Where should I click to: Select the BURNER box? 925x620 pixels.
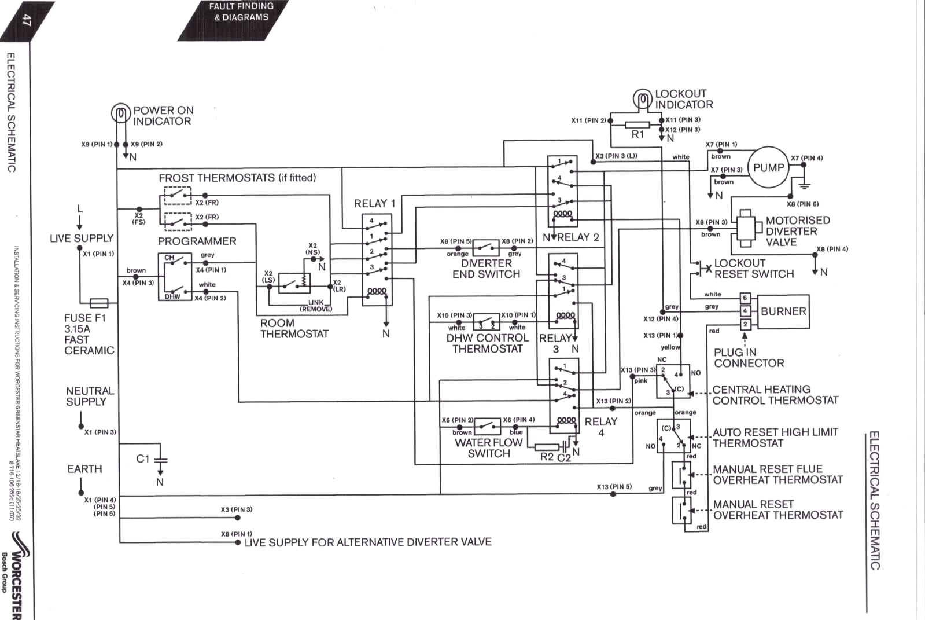click(x=783, y=311)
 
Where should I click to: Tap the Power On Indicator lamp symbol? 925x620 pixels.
click(x=120, y=113)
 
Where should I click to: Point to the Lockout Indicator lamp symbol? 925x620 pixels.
click(x=643, y=99)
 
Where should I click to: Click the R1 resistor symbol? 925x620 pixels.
click(x=637, y=125)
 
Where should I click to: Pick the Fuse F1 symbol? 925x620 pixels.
click(x=99, y=303)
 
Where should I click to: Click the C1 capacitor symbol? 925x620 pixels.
click(x=161, y=459)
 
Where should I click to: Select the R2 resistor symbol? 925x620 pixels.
click(x=547, y=447)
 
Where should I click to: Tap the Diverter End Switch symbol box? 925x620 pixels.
click(x=485, y=248)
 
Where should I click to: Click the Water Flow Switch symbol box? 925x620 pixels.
click(x=487, y=427)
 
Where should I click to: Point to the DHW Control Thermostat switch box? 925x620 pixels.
click(x=487, y=321)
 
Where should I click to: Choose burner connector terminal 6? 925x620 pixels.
click(x=745, y=298)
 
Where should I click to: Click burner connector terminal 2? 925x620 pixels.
click(x=745, y=324)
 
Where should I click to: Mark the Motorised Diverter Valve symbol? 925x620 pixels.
click(x=746, y=228)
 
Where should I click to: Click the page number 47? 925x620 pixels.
click(x=27, y=20)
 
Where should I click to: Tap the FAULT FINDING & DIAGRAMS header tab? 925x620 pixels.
click(x=233, y=20)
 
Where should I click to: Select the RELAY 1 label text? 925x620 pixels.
click(x=374, y=203)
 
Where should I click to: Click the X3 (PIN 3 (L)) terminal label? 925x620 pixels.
click(x=616, y=156)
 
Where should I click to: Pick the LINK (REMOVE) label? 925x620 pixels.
click(x=316, y=306)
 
